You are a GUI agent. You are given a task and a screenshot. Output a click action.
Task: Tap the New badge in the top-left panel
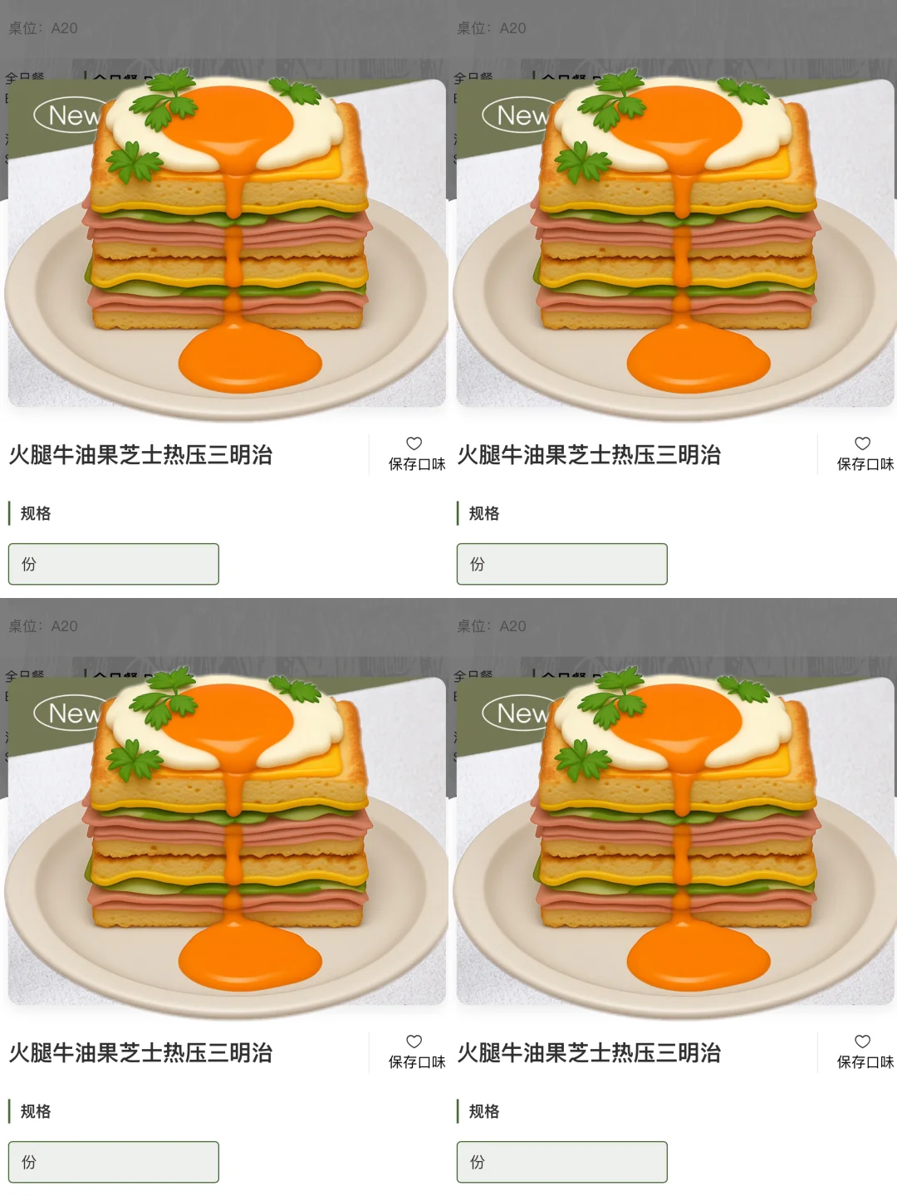71,115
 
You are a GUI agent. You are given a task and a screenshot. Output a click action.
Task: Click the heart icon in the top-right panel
863,444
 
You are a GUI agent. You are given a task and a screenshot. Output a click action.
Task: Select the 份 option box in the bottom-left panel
114,1162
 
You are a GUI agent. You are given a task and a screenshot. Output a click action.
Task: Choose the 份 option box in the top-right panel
562,564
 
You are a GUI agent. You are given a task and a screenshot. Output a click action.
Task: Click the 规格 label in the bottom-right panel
483,1111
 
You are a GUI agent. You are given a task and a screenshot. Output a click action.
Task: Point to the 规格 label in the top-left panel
35,513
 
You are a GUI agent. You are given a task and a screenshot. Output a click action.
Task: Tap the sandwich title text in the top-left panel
141,455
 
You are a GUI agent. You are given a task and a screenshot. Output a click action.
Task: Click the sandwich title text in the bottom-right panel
589,1053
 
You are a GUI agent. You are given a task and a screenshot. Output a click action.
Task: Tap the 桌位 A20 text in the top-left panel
43,28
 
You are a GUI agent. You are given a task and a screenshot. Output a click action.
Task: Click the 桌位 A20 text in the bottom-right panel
492,626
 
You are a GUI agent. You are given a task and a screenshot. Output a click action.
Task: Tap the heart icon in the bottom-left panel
414,1042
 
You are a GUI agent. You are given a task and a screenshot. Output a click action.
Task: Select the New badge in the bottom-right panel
519,713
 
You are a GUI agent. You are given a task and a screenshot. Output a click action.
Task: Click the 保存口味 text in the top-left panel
417,464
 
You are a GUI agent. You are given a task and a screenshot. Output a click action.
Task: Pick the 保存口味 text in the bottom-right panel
865,1062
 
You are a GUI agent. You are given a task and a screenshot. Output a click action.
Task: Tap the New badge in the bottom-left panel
71,713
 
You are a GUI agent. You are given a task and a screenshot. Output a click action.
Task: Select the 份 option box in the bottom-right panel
562,1162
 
